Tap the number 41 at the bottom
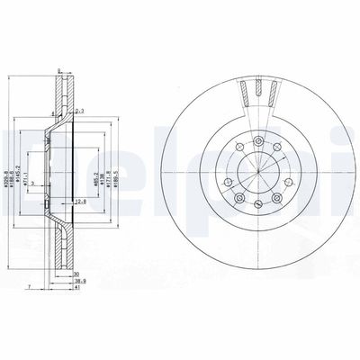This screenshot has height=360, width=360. point(76,289)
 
